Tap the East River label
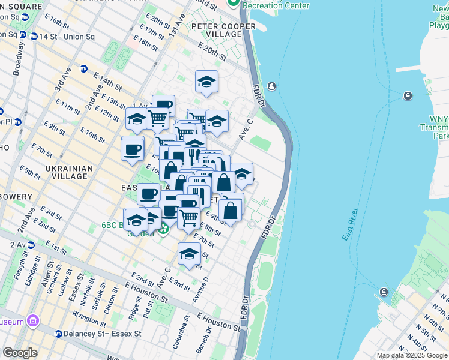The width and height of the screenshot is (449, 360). tap(350, 225)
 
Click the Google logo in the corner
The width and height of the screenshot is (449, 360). tap(20, 353)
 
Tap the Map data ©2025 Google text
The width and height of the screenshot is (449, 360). tap(412, 355)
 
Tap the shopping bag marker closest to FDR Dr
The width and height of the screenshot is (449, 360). tap(231, 210)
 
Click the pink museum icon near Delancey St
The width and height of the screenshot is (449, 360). tap(32, 322)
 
